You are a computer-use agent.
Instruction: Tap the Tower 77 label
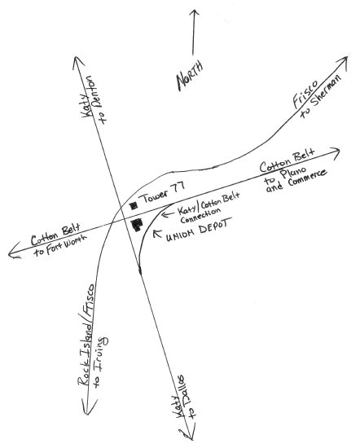(x=162, y=192)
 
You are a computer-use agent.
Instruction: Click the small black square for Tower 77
(x=134, y=205)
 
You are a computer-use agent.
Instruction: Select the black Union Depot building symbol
(x=137, y=224)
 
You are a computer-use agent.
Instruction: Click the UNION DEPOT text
(x=199, y=230)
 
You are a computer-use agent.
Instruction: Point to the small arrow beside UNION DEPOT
(x=157, y=233)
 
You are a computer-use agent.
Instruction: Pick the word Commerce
(x=307, y=178)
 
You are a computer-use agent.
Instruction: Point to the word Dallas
(x=184, y=389)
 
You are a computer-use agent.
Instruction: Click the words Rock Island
(x=86, y=354)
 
